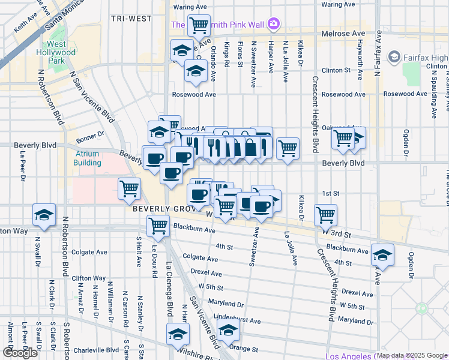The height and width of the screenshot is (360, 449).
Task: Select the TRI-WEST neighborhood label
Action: point(131,19)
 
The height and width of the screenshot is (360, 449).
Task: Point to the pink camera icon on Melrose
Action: point(274,24)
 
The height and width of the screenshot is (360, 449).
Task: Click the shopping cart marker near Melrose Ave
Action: point(198,26)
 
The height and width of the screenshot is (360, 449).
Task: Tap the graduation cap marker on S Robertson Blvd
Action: point(45,217)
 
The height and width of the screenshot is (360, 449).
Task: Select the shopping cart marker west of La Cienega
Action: point(130,189)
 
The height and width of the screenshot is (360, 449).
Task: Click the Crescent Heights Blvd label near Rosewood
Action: point(315,114)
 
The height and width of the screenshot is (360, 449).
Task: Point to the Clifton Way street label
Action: point(89,278)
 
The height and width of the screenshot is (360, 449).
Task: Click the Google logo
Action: point(20,353)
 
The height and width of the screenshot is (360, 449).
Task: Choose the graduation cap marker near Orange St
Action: point(228,331)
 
